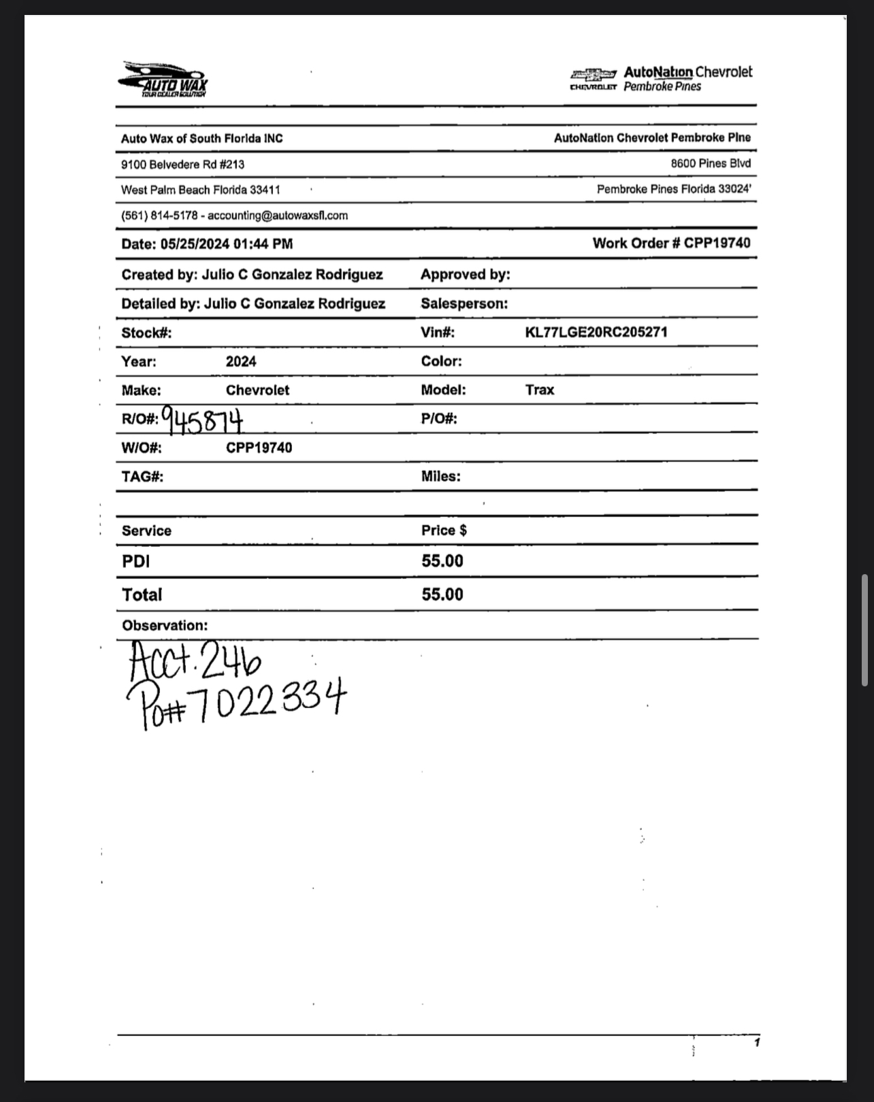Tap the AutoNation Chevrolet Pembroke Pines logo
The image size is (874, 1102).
pyautogui.click(x=661, y=79)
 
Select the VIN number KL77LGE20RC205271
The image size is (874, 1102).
pyautogui.click(x=596, y=333)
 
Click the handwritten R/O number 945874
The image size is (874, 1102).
pyautogui.click(x=202, y=422)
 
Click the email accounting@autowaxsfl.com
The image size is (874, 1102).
pyautogui.click(x=278, y=216)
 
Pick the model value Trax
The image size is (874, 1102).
pyautogui.click(x=540, y=390)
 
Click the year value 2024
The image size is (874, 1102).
pyautogui.click(x=241, y=361)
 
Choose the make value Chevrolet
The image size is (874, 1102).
pyautogui.click(x=257, y=390)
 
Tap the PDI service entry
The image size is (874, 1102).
pyautogui.click(x=136, y=561)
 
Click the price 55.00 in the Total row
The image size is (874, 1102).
pyautogui.click(x=442, y=595)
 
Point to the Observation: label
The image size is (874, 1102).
pyautogui.click(x=165, y=625)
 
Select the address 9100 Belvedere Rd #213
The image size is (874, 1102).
pyautogui.click(x=182, y=165)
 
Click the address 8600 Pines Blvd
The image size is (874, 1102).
pyautogui.click(x=711, y=163)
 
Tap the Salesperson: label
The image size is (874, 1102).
pyautogui.click(x=464, y=303)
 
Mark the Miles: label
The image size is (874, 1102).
pyautogui.click(x=440, y=476)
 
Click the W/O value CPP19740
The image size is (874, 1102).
pyautogui.click(x=259, y=448)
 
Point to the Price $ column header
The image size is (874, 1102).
pyautogui.click(x=444, y=531)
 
